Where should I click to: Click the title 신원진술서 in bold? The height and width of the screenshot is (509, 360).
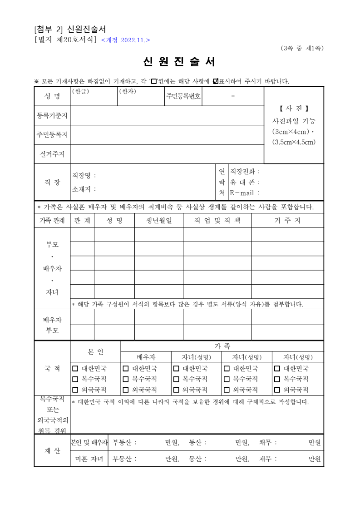click(x=179, y=62)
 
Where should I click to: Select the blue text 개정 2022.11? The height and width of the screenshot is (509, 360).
click(x=125, y=40)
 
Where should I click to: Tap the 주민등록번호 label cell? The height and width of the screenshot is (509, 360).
click(x=183, y=96)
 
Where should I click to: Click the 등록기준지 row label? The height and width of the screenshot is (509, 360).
click(x=52, y=116)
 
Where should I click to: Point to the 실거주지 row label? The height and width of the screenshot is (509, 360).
click(x=52, y=154)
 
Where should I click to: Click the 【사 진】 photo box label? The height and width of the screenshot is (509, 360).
click(x=294, y=109)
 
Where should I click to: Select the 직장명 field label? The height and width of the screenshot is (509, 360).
click(x=84, y=175)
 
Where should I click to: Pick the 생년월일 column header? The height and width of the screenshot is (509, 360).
click(x=158, y=221)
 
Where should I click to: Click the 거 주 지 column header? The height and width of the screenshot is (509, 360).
click(x=287, y=221)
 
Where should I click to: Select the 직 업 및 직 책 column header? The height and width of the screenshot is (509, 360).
click(x=217, y=221)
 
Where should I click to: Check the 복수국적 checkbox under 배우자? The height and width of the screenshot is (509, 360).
click(x=126, y=379)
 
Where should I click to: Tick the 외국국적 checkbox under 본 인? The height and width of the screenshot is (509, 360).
click(x=75, y=390)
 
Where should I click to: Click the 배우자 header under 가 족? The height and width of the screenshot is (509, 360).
click(x=146, y=357)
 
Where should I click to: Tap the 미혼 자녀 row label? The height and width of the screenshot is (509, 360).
click(x=89, y=459)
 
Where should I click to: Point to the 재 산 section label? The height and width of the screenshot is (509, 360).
click(x=52, y=451)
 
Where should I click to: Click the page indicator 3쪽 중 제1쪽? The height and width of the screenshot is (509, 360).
click(x=302, y=48)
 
